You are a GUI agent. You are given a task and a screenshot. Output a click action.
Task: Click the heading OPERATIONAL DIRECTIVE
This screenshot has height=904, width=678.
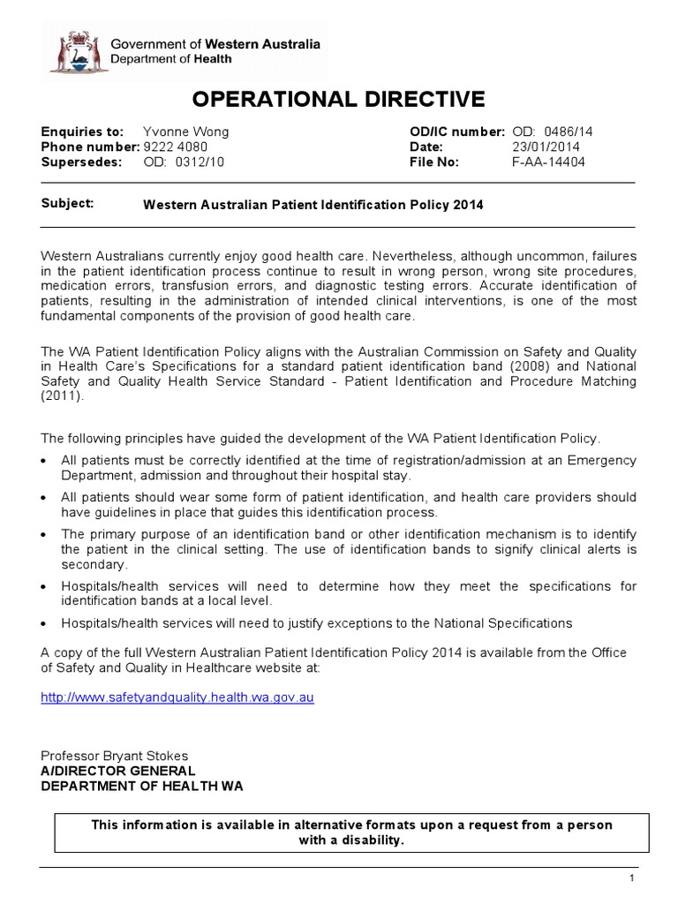pyautogui.click(x=338, y=98)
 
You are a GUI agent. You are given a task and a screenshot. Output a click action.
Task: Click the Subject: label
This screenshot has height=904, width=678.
pyautogui.click(x=67, y=203)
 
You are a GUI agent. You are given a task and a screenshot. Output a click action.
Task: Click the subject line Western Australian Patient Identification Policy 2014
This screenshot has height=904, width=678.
pyautogui.click(x=313, y=205)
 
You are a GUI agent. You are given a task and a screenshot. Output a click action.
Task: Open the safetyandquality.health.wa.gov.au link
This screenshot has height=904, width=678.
pyautogui.click(x=177, y=697)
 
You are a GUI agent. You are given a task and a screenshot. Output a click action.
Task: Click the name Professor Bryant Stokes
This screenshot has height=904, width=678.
pyautogui.click(x=114, y=756)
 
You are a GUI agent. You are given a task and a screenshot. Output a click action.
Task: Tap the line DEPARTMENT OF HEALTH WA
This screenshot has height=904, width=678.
pyautogui.click(x=142, y=786)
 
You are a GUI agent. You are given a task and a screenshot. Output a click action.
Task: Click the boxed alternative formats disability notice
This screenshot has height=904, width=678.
pyautogui.click(x=352, y=832)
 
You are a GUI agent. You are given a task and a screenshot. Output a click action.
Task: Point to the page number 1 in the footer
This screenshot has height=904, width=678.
pyautogui.click(x=632, y=878)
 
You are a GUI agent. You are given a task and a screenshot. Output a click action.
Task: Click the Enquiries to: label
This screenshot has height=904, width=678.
pyautogui.click(x=83, y=132)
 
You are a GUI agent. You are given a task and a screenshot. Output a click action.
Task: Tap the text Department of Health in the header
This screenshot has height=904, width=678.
pyautogui.click(x=171, y=59)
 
